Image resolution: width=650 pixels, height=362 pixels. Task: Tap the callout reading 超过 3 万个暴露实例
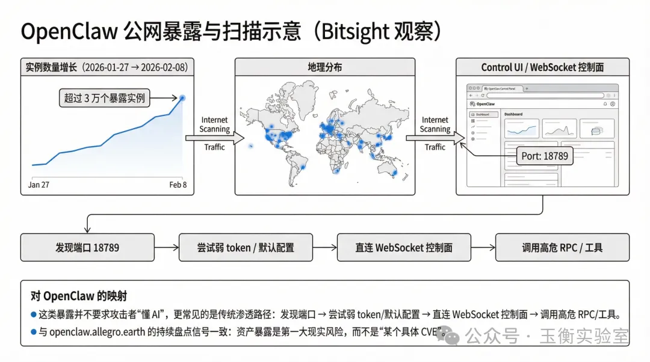(105, 98)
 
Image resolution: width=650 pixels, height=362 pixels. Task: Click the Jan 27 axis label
(39, 185)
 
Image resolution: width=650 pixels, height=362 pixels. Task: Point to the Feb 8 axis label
(178, 185)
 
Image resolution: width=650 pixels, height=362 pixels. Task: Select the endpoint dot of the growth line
(182, 97)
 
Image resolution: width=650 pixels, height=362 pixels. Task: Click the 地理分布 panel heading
(324, 67)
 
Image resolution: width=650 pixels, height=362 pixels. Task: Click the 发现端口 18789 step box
(87, 247)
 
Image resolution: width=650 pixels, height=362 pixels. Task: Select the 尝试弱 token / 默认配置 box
(246, 247)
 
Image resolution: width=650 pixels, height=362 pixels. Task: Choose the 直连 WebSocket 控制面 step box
(404, 247)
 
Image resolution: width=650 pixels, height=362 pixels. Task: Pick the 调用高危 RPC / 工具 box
(562, 247)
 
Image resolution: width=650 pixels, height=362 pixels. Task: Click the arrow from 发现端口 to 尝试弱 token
(166, 247)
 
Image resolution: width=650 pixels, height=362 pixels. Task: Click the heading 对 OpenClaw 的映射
(79, 296)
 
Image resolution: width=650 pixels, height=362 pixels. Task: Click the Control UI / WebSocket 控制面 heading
(542, 67)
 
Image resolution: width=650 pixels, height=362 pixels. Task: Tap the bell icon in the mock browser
(605, 104)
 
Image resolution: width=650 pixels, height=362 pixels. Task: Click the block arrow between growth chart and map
(214, 138)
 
